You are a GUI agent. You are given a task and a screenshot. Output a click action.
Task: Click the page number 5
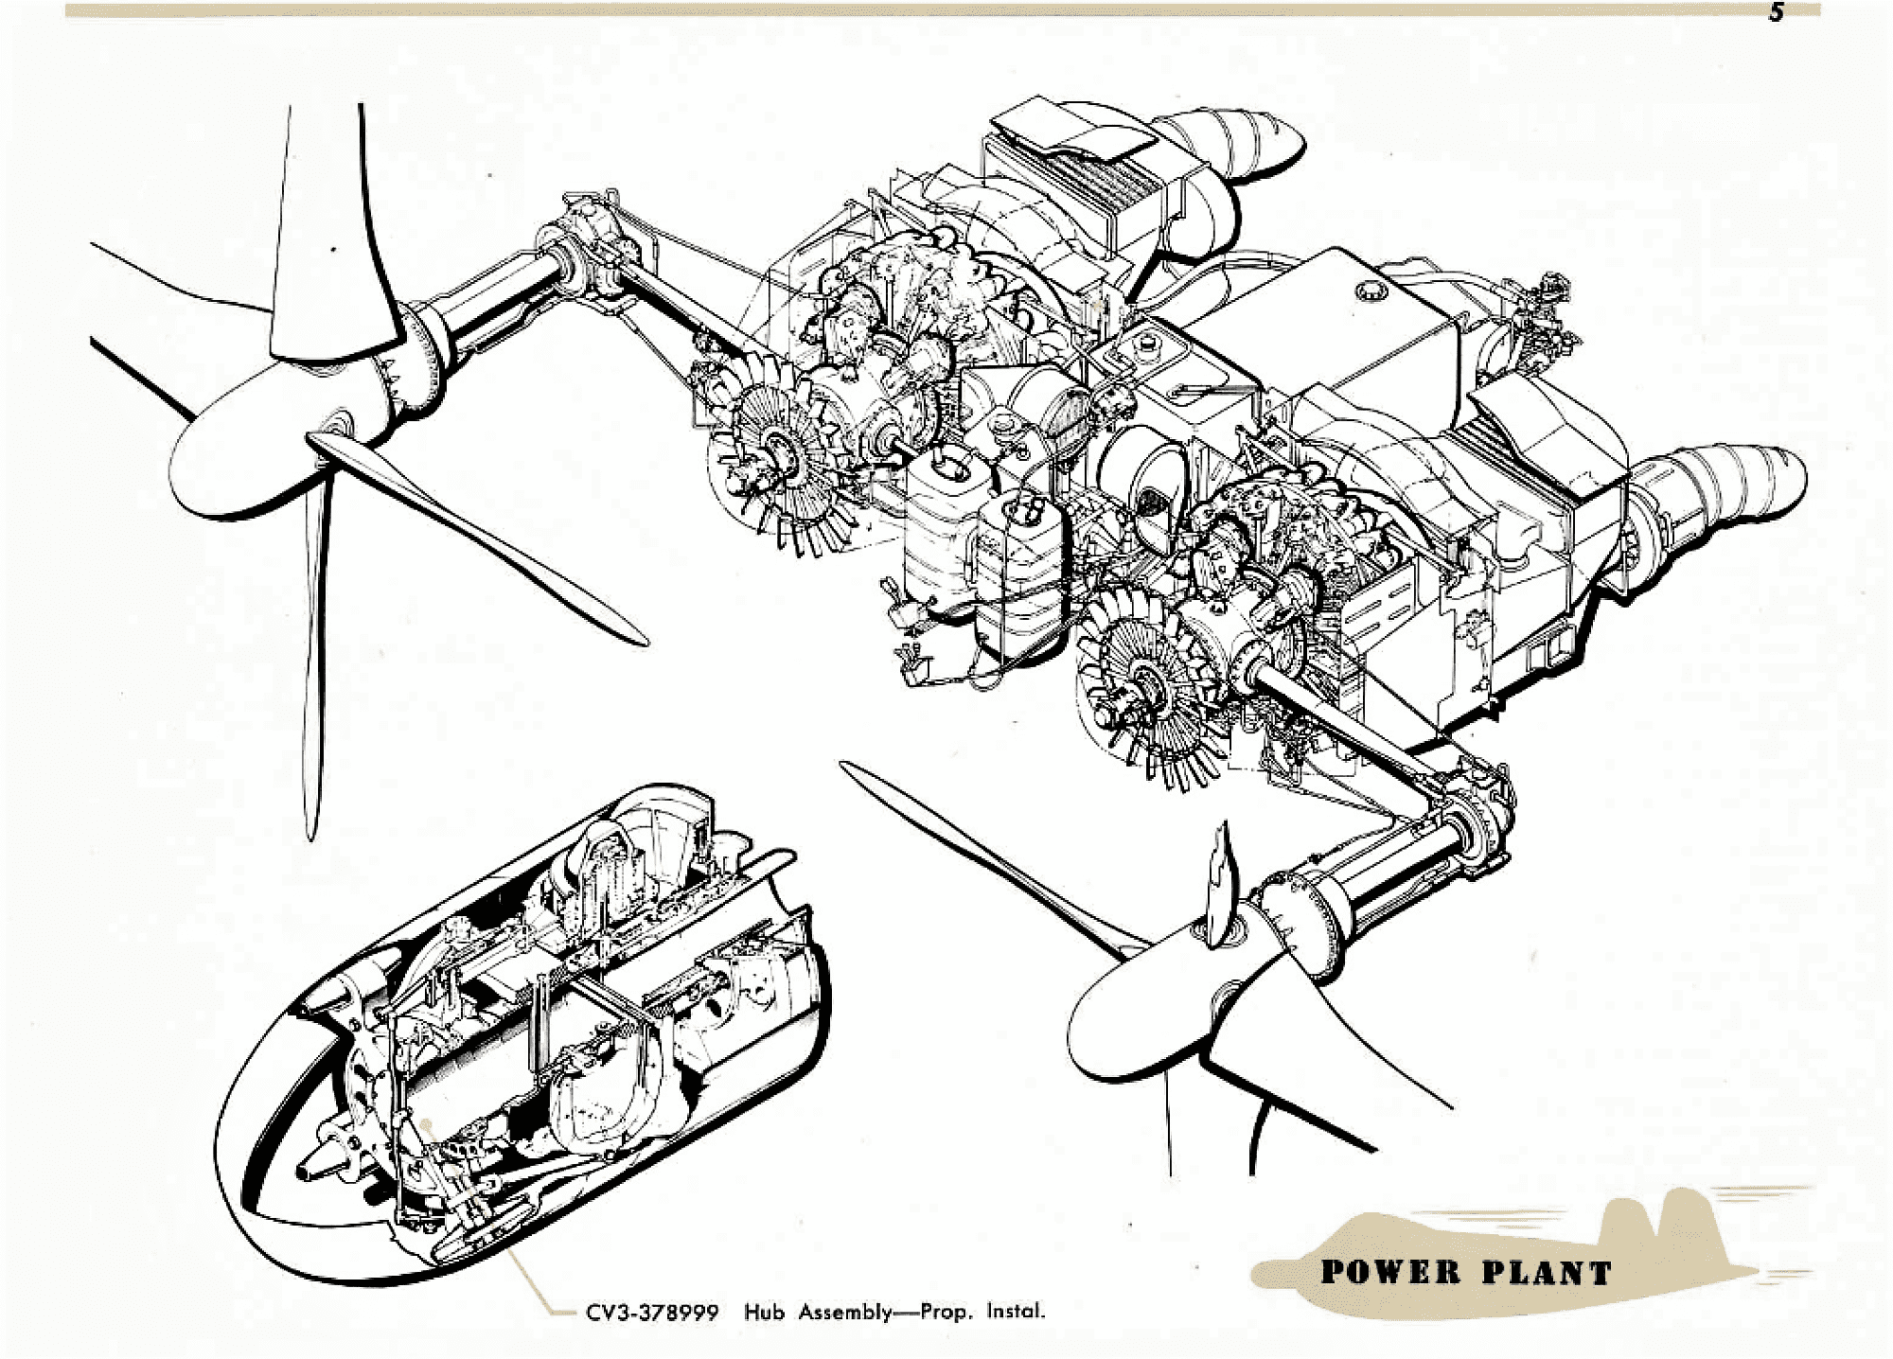pos(1777,13)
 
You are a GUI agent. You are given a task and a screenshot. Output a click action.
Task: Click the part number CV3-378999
pos(652,1313)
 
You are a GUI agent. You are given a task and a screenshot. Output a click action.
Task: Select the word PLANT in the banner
pos(1547,1273)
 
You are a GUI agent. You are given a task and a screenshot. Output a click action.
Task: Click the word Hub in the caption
pos(764,1313)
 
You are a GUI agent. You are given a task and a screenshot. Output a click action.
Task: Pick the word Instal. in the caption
pos(1016,1312)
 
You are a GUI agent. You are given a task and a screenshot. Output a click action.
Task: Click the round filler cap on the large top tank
pos(1368,290)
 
